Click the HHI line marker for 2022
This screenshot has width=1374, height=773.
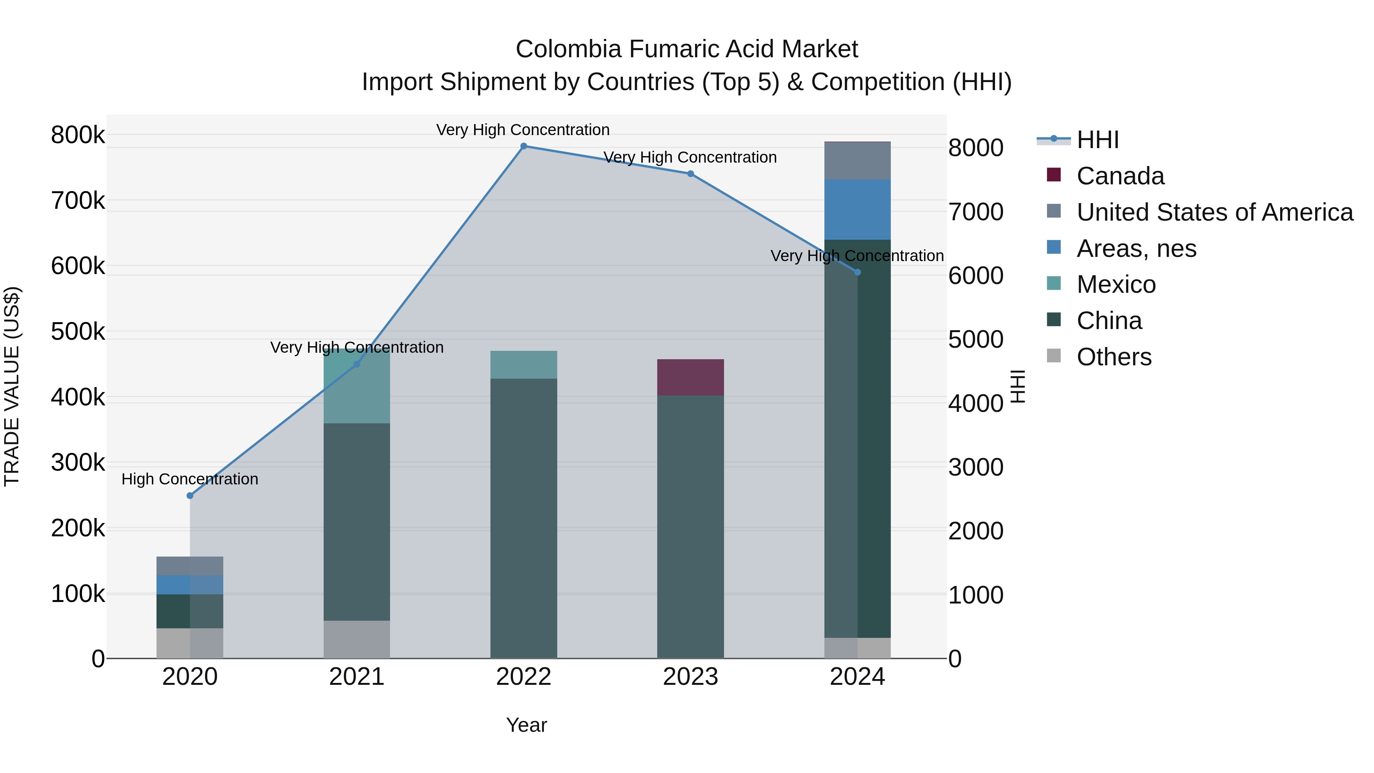pyautogui.click(x=523, y=146)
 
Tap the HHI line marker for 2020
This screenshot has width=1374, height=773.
pyautogui.click(x=190, y=495)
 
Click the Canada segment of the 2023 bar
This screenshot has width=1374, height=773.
pyautogui.click(x=690, y=377)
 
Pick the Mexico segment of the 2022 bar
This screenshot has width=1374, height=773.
pyautogui.click(x=523, y=365)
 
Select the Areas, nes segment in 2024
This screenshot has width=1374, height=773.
pyautogui.click(x=857, y=210)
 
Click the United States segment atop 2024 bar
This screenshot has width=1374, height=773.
pyautogui.click(x=857, y=161)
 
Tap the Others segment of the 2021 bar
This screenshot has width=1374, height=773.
pyautogui.click(x=356, y=639)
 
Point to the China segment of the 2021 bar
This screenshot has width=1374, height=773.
pyautogui.click(x=356, y=522)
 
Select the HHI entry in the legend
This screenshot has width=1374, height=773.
pyautogui.click(x=1097, y=140)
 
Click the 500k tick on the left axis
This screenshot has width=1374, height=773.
pyautogui.click(x=78, y=332)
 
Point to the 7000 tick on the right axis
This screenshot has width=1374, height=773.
pyautogui.click(x=976, y=212)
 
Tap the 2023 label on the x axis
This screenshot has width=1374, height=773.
pyautogui.click(x=690, y=677)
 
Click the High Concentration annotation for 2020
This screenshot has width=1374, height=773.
pyautogui.click(x=190, y=479)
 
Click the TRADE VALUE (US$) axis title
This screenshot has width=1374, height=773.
pyautogui.click(x=12, y=386)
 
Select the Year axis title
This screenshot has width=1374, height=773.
pyautogui.click(x=526, y=725)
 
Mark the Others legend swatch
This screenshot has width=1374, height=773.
pyautogui.click(x=1053, y=356)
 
